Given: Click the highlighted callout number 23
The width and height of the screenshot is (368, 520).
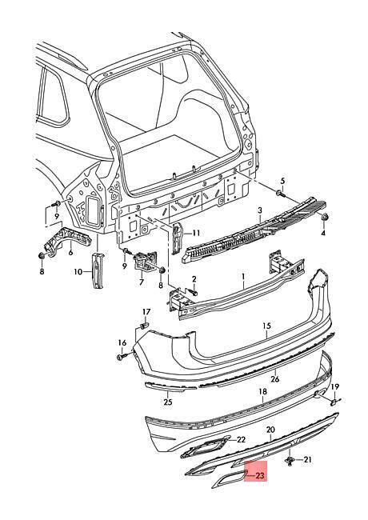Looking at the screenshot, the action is (260, 476).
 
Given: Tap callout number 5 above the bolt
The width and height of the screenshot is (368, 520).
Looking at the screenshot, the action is (282, 181).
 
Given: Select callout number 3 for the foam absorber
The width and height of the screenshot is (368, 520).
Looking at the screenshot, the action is (260, 210).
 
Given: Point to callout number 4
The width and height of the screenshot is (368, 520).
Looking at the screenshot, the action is (323, 233).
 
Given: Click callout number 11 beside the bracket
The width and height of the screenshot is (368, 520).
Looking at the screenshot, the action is (196, 233).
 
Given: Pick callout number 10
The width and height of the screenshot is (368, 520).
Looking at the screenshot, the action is (70, 253).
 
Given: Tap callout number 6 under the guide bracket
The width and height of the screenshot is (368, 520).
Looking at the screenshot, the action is (142, 282).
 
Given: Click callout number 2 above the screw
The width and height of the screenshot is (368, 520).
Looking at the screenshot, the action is (194, 278).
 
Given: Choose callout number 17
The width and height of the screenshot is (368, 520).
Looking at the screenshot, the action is (146, 312).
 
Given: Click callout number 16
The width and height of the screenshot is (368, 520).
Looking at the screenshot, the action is (122, 343).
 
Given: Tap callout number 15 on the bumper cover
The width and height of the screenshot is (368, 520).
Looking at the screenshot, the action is (267, 326).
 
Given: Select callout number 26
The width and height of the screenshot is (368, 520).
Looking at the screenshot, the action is (275, 379).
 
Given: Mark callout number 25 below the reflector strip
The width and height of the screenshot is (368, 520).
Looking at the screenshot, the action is (168, 402).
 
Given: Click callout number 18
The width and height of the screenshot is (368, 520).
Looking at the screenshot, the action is (262, 392).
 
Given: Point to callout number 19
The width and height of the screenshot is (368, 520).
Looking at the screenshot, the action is (335, 386).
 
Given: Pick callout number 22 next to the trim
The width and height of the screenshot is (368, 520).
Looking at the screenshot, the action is (241, 440).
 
